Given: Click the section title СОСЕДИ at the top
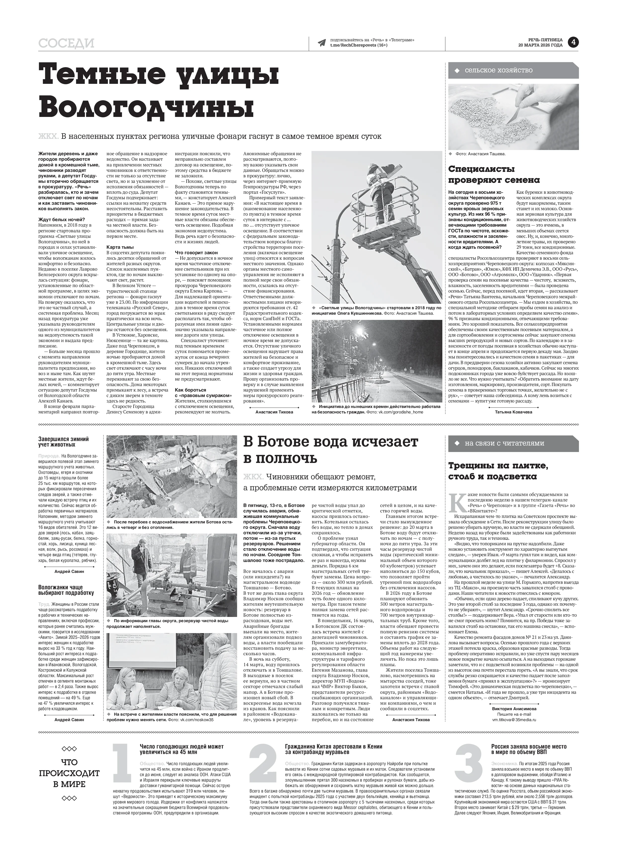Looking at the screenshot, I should pyautogui.click(x=66, y=44).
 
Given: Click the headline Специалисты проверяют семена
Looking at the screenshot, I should pyautogui.click(x=494, y=174).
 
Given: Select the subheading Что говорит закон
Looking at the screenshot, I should pyautogui.click(x=196, y=253).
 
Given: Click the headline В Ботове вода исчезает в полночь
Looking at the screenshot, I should pyautogui.click(x=330, y=450).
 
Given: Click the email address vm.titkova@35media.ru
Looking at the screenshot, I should pyautogui.click(x=514, y=719).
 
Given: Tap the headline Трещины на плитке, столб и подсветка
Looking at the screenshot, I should pyautogui.click(x=498, y=471).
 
